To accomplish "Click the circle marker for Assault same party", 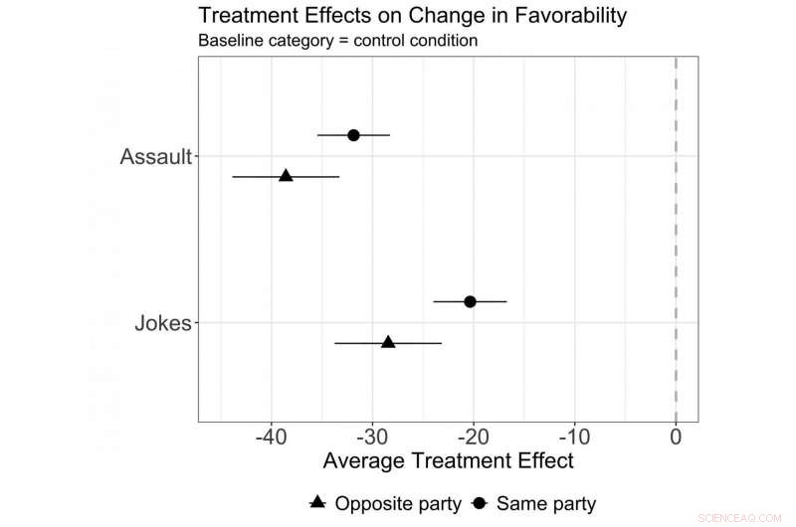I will tap(353, 134).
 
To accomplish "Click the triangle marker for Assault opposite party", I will tap(286, 175).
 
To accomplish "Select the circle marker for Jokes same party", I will tap(470, 301).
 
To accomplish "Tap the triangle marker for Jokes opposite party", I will tap(388, 342).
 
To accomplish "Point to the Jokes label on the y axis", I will tap(162, 323).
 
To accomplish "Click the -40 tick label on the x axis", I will tap(271, 437).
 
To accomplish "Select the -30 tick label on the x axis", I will tap(372, 437).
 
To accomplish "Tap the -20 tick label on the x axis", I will tap(473, 437).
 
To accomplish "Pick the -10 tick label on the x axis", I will tap(574, 437).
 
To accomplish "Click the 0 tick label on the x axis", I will tap(676, 437).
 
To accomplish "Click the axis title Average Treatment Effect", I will tap(449, 461).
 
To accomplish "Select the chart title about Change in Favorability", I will tap(413, 17).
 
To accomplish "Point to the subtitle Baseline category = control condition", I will tap(338, 42).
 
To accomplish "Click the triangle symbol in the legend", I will tap(317, 503).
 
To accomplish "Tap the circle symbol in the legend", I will tap(479, 503).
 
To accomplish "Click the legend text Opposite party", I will tap(398, 503).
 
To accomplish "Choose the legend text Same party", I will tap(546, 503).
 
